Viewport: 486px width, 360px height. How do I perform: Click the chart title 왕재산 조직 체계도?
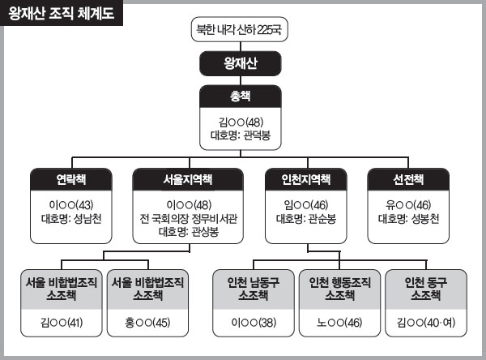click(x=61, y=13)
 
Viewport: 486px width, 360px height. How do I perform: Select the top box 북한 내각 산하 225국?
click(x=239, y=29)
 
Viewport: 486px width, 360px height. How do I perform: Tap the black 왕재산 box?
click(x=241, y=63)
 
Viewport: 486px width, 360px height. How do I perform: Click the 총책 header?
click(x=241, y=96)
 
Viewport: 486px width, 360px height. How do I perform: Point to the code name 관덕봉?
click(x=257, y=135)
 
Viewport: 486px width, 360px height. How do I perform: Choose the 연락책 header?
click(x=71, y=179)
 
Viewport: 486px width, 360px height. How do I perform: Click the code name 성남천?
click(x=87, y=219)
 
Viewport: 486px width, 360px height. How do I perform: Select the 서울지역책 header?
click(x=188, y=179)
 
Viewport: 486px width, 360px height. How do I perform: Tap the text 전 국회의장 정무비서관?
click(x=188, y=219)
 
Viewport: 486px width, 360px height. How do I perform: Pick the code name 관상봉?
click(x=205, y=232)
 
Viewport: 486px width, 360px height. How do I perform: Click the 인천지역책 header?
click(x=306, y=179)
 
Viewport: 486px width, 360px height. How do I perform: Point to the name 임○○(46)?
click(x=306, y=205)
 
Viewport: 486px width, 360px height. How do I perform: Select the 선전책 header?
click(x=408, y=179)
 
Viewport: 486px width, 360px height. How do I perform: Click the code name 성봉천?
click(x=425, y=219)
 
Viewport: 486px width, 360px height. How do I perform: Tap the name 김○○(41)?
click(x=62, y=323)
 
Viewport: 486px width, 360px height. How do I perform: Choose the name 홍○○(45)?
click(x=147, y=323)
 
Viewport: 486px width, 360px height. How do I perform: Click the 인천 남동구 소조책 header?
click(x=254, y=289)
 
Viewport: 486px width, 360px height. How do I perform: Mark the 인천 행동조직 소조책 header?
click(x=339, y=289)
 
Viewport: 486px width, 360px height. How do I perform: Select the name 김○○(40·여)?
click(x=426, y=323)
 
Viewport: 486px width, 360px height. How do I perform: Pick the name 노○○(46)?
click(x=339, y=323)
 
